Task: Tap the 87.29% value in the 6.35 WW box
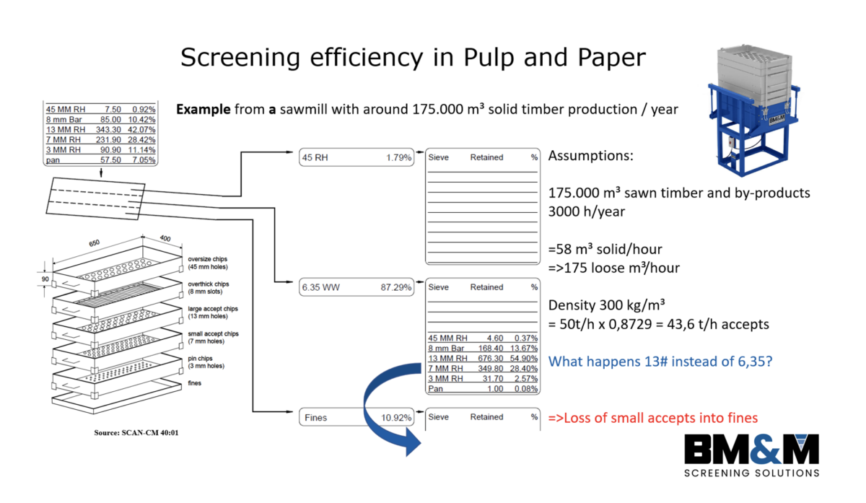397,287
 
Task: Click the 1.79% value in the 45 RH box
398,157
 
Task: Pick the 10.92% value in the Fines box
397,417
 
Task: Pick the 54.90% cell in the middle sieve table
525,358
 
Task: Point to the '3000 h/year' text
587,212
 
